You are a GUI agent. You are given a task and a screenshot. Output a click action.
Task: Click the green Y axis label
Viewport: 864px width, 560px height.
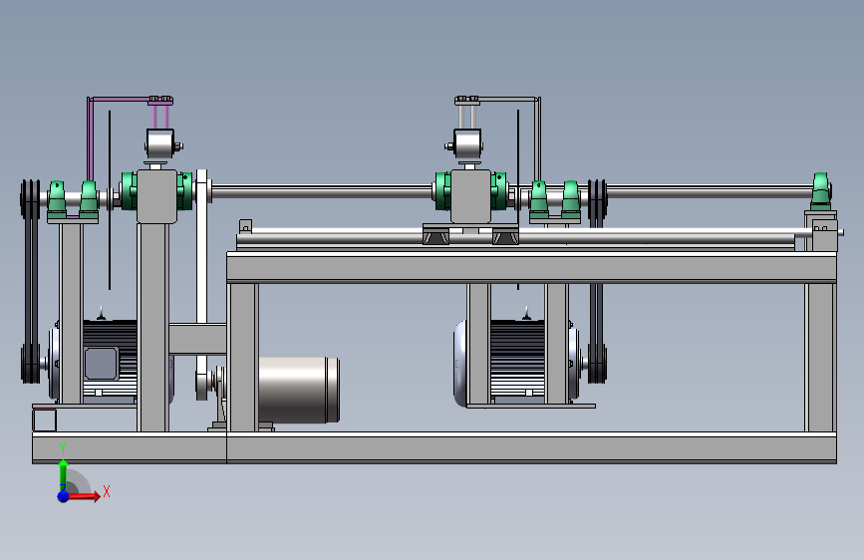pos(63,448)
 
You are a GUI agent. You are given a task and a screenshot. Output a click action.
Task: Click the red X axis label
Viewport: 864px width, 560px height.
pos(107,491)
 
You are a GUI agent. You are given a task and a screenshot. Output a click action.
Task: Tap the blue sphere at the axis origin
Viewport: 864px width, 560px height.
pos(64,496)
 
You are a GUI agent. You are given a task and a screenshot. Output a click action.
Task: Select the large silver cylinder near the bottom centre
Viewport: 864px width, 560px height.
pos(298,390)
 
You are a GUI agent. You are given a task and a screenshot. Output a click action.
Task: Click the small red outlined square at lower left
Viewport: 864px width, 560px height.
pos(44,420)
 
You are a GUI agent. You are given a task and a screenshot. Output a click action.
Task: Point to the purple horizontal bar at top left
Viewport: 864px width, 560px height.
pos(119,100)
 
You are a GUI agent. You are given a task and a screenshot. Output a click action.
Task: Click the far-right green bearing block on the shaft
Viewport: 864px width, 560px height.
pos(820,191)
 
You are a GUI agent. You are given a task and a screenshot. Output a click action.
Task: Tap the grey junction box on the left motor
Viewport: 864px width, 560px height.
pos(101,364)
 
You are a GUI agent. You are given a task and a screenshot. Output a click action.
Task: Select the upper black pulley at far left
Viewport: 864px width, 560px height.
pos(30,198)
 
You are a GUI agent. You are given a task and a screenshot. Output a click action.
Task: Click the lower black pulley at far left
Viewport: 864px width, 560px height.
pos(30,364)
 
